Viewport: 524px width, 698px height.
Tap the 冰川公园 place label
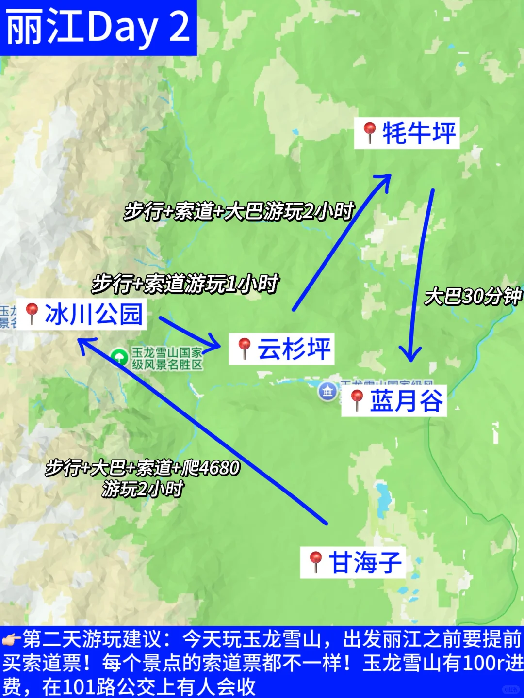(x=93, y=314)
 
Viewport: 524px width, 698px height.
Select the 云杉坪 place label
(x=294, y=349)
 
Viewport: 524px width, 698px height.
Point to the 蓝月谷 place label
(x=406, y=401)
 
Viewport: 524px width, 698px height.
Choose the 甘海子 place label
(x=365, y=563)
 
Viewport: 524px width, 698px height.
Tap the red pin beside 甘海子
(x=316, y=561)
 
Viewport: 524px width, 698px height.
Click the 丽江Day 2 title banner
(x=98, y=28)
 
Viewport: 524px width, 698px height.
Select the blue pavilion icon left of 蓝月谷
(x=327, y=391)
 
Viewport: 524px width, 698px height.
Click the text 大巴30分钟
(x=473, y=296)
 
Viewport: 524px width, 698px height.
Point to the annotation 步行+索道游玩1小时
(x=185, y=284)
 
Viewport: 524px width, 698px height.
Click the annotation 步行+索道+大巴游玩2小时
(x=239, y=211)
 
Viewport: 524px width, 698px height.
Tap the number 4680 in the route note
(x=219, y=468)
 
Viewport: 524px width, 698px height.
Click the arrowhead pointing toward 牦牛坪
(x=383, y=182)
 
